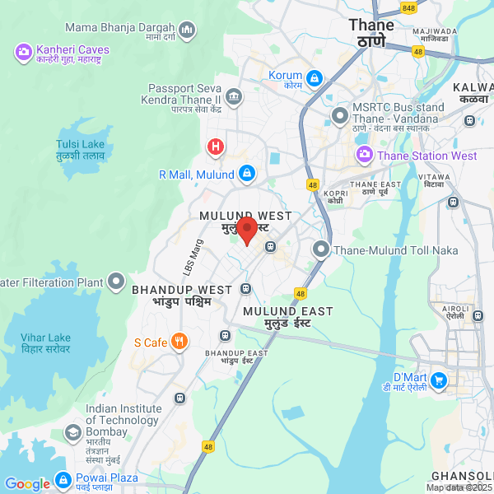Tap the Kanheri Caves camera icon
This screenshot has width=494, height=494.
click(23, 54)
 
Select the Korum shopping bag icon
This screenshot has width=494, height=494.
click(314, 78)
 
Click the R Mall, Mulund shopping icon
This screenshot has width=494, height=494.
click(246, 174)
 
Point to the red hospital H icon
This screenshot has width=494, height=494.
click(215, 147)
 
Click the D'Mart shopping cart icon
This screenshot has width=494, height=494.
click(438, 380)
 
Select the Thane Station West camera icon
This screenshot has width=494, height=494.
click(364, 155)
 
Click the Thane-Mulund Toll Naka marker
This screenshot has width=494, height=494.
click(320, 248)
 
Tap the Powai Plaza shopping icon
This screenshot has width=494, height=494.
click(63, 479)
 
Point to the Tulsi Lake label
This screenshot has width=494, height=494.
click(80, 149)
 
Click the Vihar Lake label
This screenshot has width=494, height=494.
click(46, 343)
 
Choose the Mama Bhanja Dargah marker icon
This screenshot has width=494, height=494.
click(187, 31)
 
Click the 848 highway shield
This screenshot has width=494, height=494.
click(408, 7)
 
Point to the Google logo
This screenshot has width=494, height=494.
click(27, 484)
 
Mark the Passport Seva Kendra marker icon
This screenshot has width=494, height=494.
click(234, 98)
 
